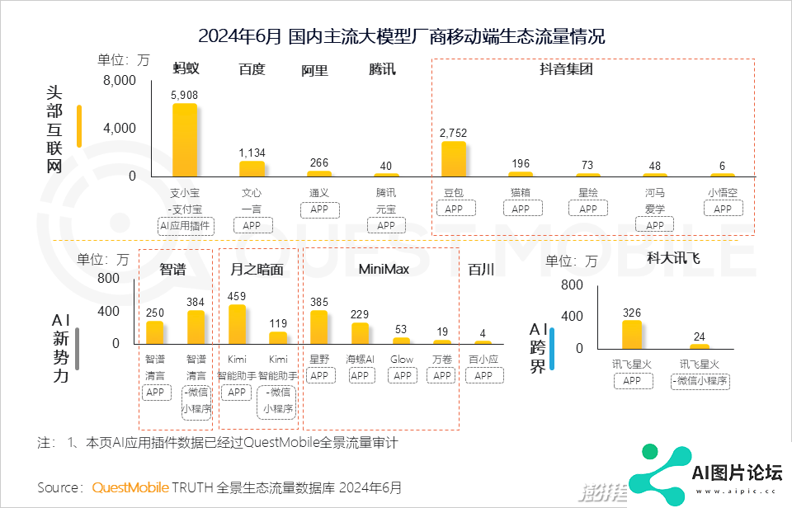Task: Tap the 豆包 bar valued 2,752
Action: click(454, 158)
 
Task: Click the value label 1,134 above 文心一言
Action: click(252, 153)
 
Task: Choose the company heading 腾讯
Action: click(382, 69)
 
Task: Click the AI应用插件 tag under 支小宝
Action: click(185, 225)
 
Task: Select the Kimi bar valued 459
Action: click(237, 324)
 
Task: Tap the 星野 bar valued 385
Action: click(319, 327)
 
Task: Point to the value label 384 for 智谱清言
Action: click(196, 303)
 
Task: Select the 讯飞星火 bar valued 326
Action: click(632, 334)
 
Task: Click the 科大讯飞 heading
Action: click(673, 258)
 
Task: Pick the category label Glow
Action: click(402, 360)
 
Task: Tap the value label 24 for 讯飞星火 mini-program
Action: click(700, 336)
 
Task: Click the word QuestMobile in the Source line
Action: click(130, 487)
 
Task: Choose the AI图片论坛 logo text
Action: click(737, 473)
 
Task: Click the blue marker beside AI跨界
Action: click(552, 348)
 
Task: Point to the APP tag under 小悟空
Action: click(723, 209)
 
